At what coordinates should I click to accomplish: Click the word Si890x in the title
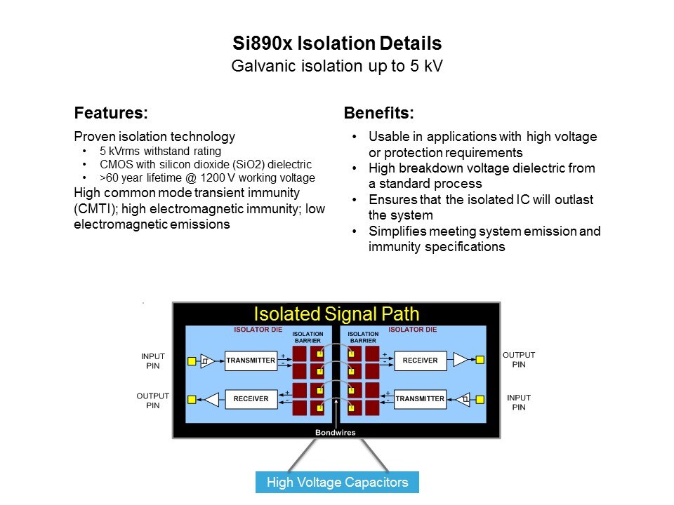(x=263, y=43)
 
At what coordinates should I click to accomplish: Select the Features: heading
(x=111, y=113)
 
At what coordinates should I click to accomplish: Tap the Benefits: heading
(x=378, y=113)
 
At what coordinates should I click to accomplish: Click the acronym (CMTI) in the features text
(x=95, y=209)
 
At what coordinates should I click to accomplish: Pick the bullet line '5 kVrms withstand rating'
(x=160, y=151)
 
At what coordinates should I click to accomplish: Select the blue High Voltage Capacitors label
(x=337, y=483)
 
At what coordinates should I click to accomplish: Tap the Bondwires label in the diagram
(x=336, y=433)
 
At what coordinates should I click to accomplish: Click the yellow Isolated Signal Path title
(x=336, y=314)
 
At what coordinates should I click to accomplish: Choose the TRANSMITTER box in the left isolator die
(x=251, y=361)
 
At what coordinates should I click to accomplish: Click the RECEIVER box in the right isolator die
(x=420, y=361)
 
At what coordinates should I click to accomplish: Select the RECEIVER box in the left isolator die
(x=251, y=399)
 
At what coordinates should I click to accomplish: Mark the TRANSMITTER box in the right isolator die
(x=420, y=399)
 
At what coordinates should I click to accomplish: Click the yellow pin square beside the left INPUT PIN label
(x=192, y=361)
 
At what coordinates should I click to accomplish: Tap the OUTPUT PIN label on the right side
(x=519, y=360)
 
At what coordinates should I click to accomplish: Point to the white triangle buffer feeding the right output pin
(x=461, y=360)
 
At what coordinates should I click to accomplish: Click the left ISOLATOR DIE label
(x=258, y=330)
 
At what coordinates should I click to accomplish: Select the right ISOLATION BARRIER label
(x=363, y=337)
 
